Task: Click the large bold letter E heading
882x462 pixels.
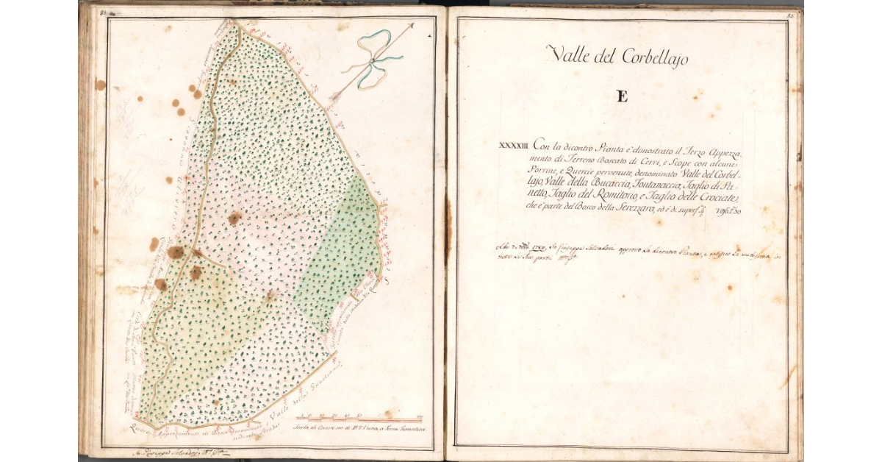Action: click(x=622, y=96)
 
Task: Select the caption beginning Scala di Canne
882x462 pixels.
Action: click(x=359, y=429)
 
